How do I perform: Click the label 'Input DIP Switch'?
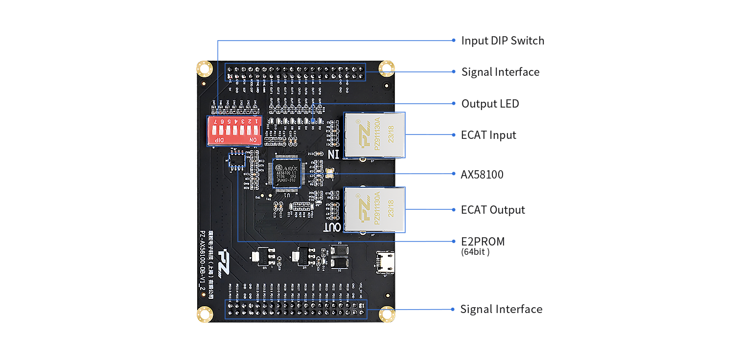[x=502, y=41]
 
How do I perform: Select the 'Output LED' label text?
[x=490, y=104]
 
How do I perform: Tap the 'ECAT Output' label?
[x=493, y=210]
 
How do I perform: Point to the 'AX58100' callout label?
[x=482, y=175]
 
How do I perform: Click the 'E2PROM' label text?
[x=483, y=242]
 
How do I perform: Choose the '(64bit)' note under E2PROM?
[x=475, y=252]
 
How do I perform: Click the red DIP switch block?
[x=234, y=131]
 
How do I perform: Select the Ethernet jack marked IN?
[x=374, y=135]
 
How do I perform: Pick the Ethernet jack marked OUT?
[x=374, y=209]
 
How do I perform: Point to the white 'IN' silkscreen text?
[x=333, y=154]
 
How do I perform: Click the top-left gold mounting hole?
[x=204, y=68]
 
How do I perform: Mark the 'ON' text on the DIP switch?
[x=253, y=140]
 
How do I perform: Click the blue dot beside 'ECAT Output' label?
[x=453, y=210]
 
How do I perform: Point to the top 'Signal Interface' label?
[x=500, y=72]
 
